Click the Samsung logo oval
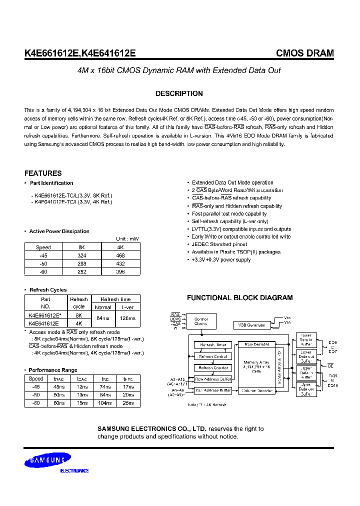click(x=48, y=460)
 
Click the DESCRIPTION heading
click(x=179, y=93)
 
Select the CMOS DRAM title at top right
click(x=305, y=53)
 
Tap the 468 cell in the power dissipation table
click(x=120, y=255)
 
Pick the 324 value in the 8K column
click(x=82, y=255)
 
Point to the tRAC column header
click(x=59, y=378)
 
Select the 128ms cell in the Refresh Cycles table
click(x=127, y=318)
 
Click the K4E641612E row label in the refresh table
click(x=44, y=323)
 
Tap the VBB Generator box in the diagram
click(x=252, y=325)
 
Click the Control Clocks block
click(x=201, y=321)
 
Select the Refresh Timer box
click(x=213, y=345)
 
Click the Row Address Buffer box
click(x=213, y=379)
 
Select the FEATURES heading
click(x=43, y=173)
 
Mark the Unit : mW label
click(x=127, y=239)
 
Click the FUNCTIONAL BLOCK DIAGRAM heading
click(x=239, y=297)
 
